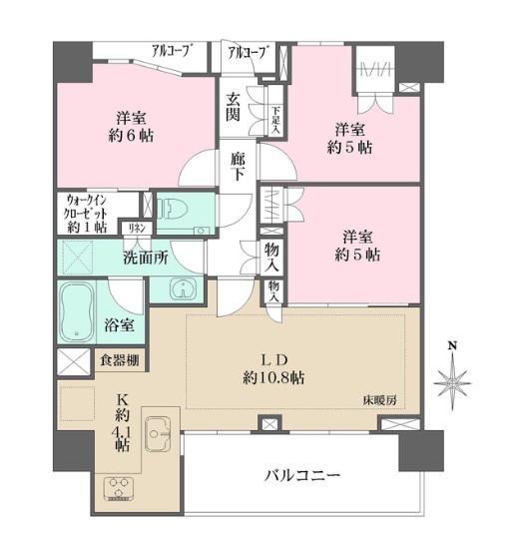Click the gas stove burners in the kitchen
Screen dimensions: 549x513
(x=120, y=489)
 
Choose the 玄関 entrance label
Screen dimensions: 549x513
(x=233, y=105)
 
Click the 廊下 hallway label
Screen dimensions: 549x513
(x=237, y=165)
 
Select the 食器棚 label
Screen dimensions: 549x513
(x=119, y=360)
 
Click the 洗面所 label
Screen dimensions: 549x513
(x=146, y=257)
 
